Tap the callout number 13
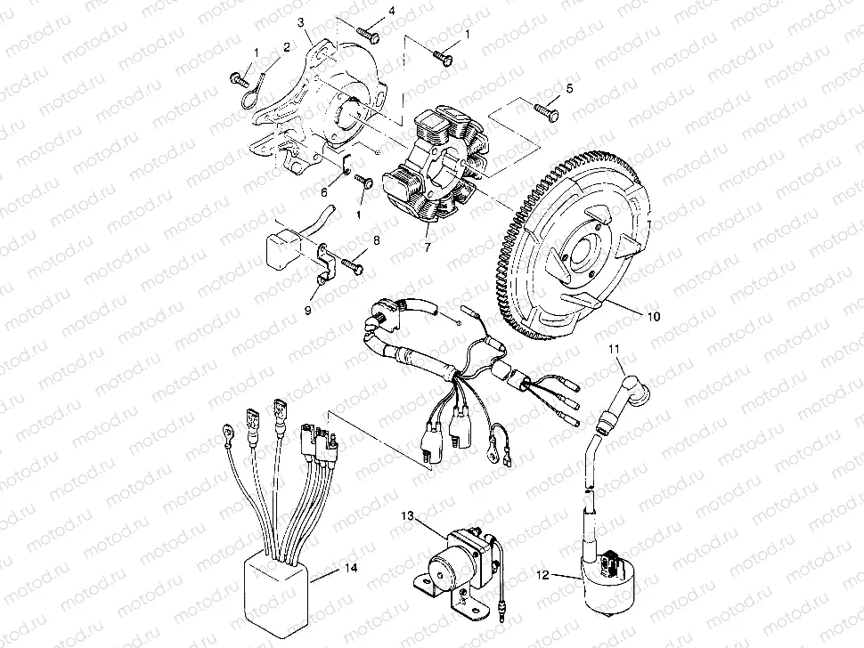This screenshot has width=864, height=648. tap(407, 515)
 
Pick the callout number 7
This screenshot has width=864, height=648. tap(428, 247)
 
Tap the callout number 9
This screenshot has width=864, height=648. tap(308, 310)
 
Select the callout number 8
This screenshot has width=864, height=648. tap(377, 240)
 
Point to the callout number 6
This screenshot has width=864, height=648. tap(324, 191)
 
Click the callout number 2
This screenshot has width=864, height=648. tap(287, 46)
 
